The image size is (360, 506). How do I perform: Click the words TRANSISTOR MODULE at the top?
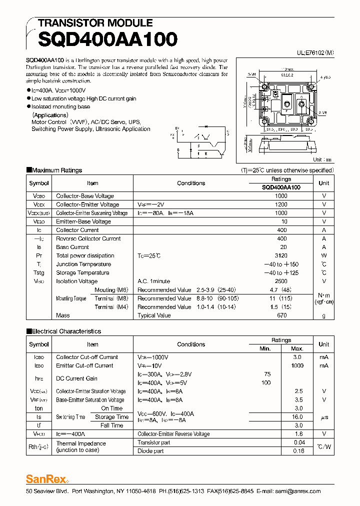(95, 23)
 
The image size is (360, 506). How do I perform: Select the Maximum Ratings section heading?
(56, 170)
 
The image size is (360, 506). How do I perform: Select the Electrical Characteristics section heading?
(66, 331)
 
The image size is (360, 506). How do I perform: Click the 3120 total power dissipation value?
(281, 255)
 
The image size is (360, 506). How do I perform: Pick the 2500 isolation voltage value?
(281, 281)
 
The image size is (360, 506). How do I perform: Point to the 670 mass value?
(281, 315)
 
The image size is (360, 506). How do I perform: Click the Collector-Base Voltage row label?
(84, 196)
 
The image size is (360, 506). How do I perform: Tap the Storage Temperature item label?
(82, 273)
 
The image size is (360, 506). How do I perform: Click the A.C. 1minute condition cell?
(153, 281)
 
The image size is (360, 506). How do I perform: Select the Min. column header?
(265, 348)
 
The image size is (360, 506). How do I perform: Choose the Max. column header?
(297, 348)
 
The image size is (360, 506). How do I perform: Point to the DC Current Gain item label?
(76, 378)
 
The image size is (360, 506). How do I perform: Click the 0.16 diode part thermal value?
(299, 451)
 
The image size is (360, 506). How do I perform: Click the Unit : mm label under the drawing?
(322, 159)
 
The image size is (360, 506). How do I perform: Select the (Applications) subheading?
(50, 115)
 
